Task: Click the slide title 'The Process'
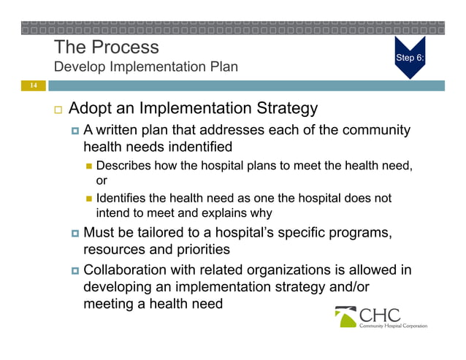(x=107, y=47)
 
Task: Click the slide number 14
(x=31, y=86)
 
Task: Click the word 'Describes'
(x=122, y=166)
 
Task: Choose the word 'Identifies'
(x=122, y=199)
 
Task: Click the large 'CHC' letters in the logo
(x=380, y=315)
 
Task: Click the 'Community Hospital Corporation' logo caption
(x=392, y=326)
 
